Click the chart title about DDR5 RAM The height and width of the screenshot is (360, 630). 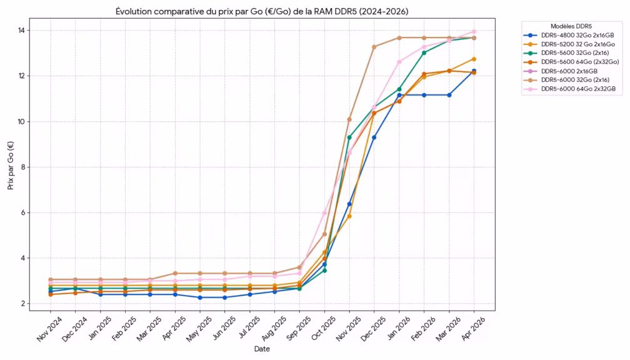262,12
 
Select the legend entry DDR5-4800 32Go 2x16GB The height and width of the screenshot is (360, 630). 578,35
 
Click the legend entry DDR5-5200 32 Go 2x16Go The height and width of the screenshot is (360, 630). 577,44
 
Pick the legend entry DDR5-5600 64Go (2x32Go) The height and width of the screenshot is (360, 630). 580,62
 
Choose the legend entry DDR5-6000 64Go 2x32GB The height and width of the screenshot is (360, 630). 578,89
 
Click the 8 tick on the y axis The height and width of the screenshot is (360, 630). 23,167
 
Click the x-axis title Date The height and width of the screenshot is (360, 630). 262,349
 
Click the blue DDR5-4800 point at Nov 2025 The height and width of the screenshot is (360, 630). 349,204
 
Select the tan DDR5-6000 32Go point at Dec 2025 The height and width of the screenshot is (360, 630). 374,47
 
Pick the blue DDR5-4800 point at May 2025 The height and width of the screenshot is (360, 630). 200,297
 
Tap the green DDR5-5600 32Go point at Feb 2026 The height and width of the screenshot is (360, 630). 424,52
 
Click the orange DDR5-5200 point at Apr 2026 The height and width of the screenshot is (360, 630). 474,59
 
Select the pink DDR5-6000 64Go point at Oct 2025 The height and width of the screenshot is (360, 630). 324,213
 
